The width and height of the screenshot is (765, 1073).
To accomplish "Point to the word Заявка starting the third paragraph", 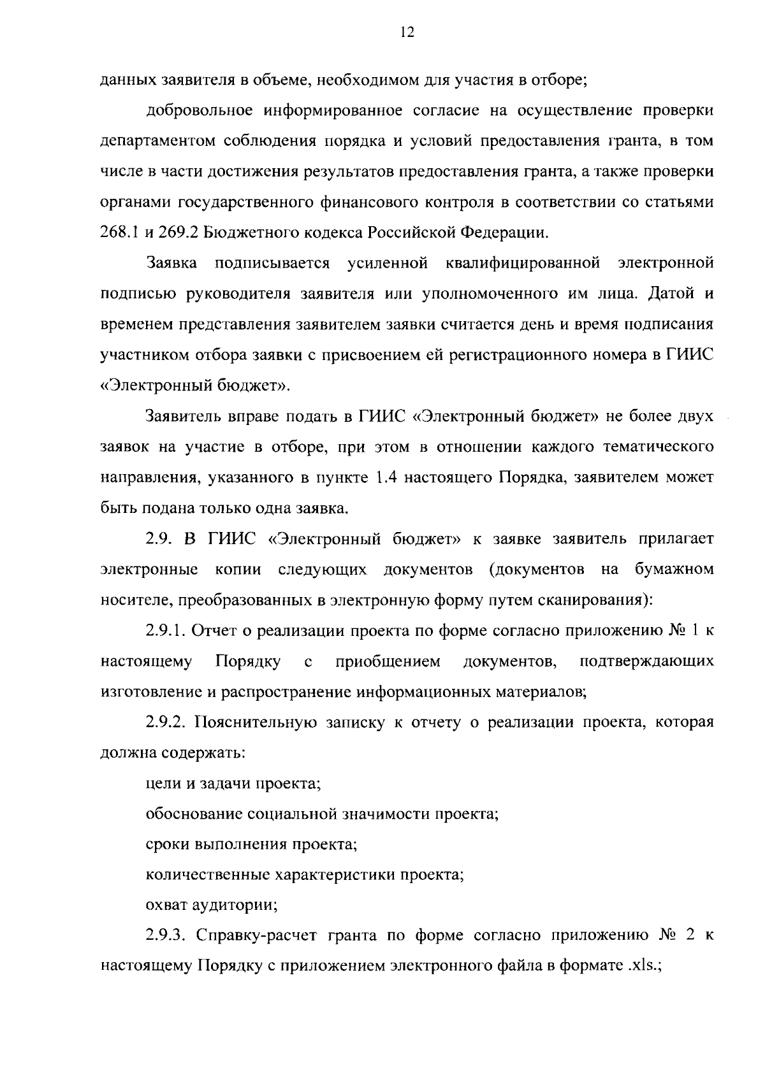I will pyautogui.click(x=171, y=263).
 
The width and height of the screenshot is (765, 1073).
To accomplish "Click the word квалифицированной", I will pyautogui.click(x=541, y=263).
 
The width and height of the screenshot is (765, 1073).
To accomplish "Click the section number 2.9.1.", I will pyautogui.click(x=166, y=631).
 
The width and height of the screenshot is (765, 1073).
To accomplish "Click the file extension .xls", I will pyautogui.click(x=641, y=967).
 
